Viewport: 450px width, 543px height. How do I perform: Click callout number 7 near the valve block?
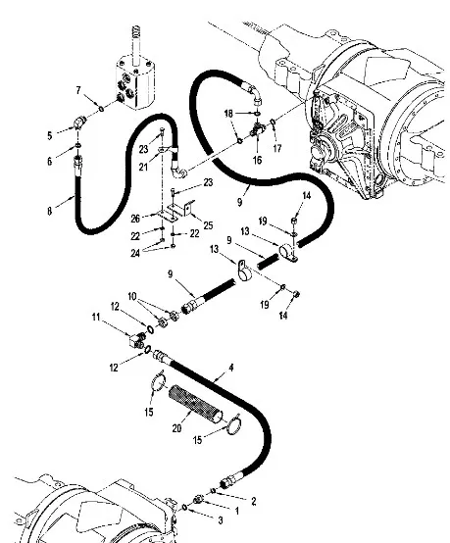78,91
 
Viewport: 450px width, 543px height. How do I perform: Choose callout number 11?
96,318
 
